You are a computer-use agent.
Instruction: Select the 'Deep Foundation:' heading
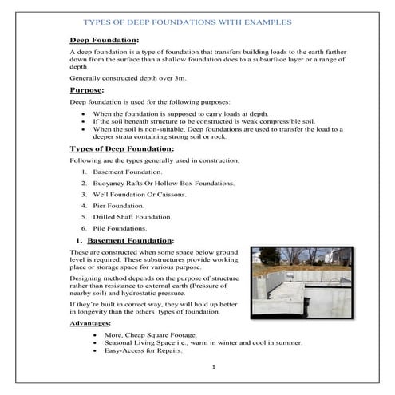point(105,40)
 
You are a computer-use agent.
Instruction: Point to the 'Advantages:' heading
point(91,323)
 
